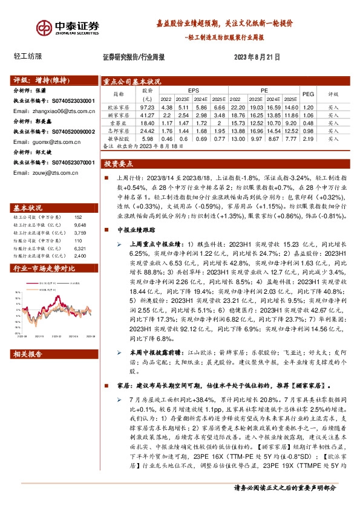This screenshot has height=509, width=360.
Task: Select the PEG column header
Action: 308,94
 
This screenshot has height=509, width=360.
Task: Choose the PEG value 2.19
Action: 308,138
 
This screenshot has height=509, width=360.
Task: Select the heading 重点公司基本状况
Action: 131,81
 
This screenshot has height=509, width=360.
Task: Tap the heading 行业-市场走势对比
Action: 44,267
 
